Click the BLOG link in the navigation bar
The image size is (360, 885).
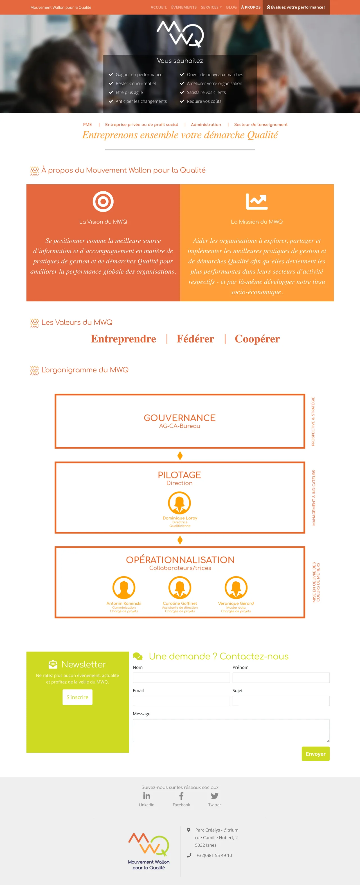(x=231, y=7)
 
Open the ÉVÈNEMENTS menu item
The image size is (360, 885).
(x=184, y=7)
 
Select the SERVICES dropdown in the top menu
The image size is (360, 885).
(x=211, y=7)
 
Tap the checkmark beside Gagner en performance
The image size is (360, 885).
(x=111, y=75)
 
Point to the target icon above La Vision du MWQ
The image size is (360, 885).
(x=103, y=201)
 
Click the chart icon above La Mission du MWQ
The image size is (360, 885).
(x=256, y=201)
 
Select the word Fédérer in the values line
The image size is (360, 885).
(x=195, y=339)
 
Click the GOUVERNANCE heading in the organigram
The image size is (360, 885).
(x=180, y=418)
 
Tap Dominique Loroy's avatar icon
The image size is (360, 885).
(x=179, y=503)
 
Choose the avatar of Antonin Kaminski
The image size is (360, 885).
(x=124, y=588)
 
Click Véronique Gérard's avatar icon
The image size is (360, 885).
(x=236, y=588)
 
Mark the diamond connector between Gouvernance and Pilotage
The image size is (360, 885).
(x=180, y=456)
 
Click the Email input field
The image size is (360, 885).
(x=181, y=701)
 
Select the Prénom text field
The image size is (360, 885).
(x=281, y=678)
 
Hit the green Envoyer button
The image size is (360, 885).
(x=315, y=754)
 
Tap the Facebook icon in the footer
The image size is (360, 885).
(x=181, y=796)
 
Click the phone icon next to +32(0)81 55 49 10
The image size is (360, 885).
(x=189, y=855)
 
